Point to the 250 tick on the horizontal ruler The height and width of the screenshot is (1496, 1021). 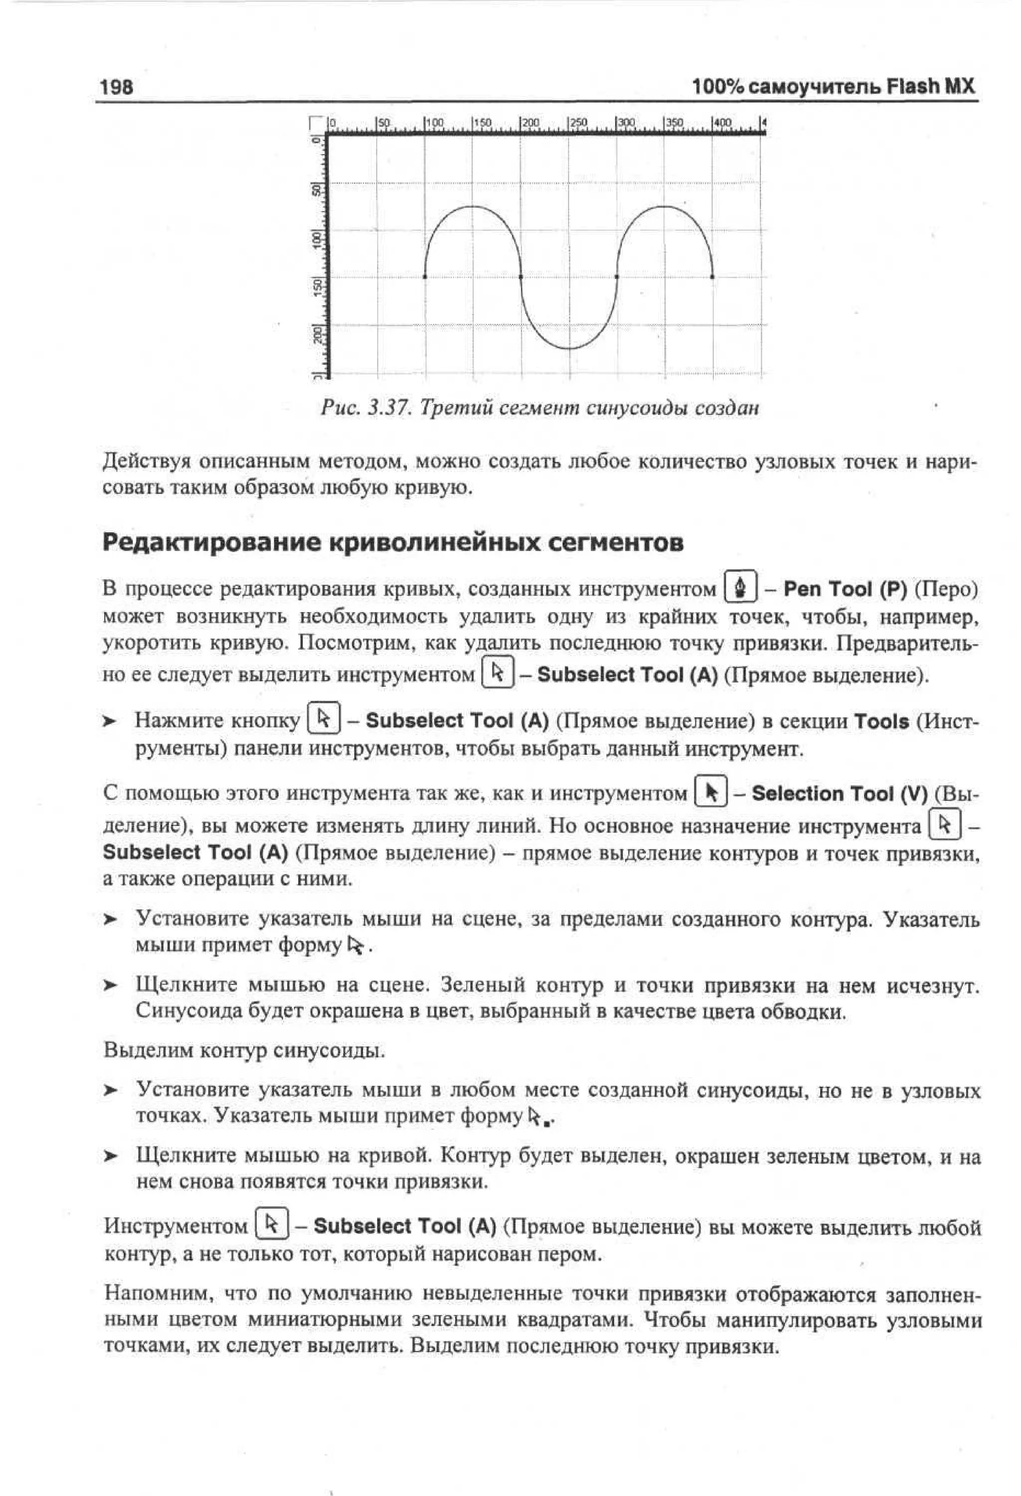pos(577,122)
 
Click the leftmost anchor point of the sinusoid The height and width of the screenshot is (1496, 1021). pos(425,277)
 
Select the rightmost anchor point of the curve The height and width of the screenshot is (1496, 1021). pos(712,277)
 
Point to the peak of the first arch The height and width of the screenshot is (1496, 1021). pos(473,207)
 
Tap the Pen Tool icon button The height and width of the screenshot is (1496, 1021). pos(741,587)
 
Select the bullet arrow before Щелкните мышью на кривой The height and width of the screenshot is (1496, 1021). pos(111,1157)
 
